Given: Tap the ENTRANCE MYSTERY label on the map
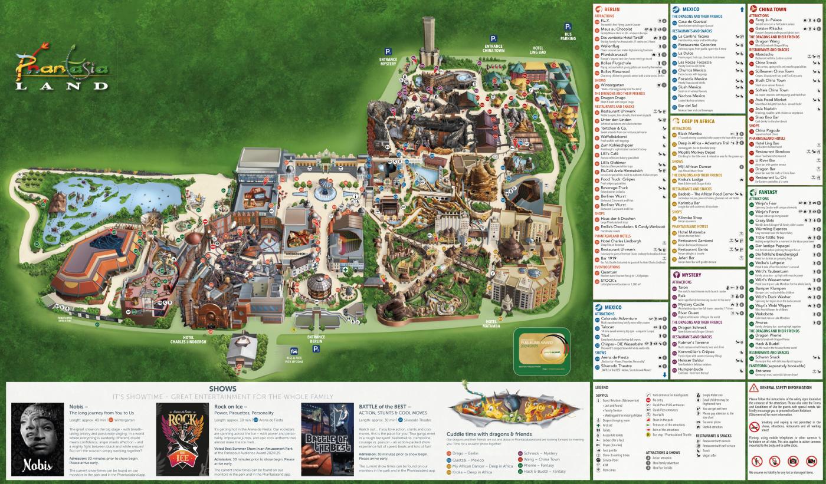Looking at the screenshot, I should (388, 61).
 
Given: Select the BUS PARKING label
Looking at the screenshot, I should (568, 36).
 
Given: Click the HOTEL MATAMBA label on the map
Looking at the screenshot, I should (491, 322).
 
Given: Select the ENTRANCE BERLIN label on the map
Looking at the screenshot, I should (316, 339).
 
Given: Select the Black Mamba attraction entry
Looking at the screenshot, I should (690, 134).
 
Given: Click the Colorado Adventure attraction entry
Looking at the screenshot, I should (619, 318).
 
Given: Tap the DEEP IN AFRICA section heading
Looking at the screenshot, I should (699, 121).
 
